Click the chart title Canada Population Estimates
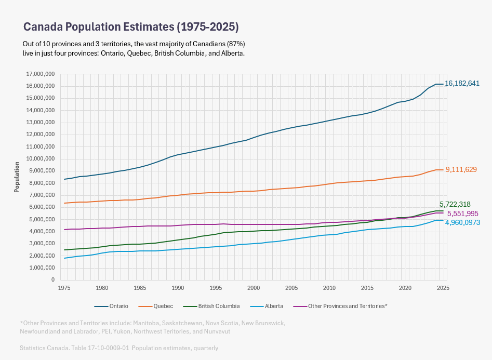tap(131, 26)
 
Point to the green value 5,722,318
tap(458, 205)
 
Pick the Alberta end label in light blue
tap(462, 222)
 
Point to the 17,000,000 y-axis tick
tap(39, 74)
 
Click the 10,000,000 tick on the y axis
tap(39, 159)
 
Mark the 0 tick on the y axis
tap(53, 279)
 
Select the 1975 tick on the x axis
tap(64, 287)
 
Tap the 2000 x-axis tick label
tap(254, 287)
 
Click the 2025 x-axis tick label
tap(443, 287)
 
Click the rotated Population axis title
tap(17, 177)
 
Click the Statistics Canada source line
tap(118, 348)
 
